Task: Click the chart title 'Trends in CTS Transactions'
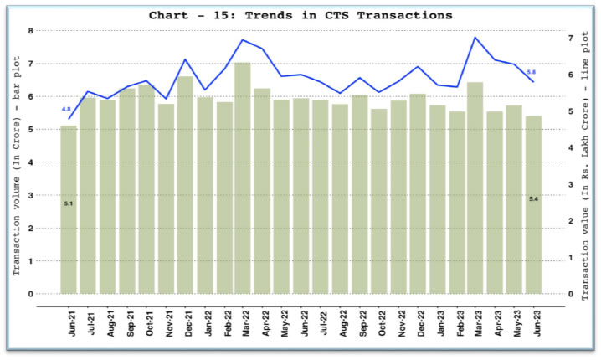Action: [300, 15]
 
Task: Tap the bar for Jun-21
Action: [69, 209]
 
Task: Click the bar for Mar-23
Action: [475, 188]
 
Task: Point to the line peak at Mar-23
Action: [475, 38]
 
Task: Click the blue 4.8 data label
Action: [66, 110]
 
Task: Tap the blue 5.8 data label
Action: [532, 73]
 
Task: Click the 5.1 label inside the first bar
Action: [69, 203]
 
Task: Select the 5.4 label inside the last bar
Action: [532, 198]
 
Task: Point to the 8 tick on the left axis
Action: [30, 31]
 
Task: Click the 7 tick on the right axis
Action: [571, 39]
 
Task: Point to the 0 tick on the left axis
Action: [30, 294]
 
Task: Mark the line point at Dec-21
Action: [185, 59]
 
